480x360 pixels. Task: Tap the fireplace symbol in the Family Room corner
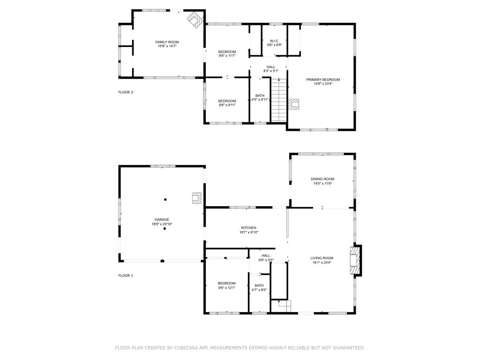click(195, 20)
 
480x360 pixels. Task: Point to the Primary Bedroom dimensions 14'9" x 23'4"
click(323, 83)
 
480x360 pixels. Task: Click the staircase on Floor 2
click(278, 100)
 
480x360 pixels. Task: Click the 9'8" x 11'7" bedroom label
click(227, 54)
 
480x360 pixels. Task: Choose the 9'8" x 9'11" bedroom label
click(227, 103)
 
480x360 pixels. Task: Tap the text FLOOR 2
click(126, 92)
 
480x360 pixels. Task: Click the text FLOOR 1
click(126, 276)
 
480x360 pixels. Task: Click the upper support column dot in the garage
click(165, 200)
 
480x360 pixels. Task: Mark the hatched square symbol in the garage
click(196, 198)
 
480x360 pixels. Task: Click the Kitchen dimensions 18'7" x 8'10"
click(249, 232)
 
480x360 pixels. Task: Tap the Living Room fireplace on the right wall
click(356, 261)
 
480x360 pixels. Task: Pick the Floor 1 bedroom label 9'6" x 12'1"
click(227, 285)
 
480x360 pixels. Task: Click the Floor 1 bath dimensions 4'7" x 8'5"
click(259, 290)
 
